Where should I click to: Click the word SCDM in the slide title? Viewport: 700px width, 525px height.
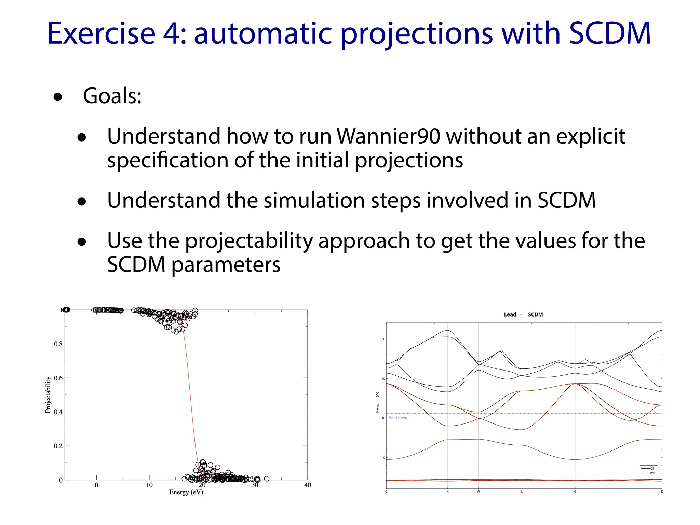click(x=610, y=33)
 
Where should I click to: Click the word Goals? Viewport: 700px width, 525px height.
click(x=112, y=96)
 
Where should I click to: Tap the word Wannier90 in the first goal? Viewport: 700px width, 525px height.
click(x=388, y=136)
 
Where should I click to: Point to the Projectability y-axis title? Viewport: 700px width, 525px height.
click(x=48, y=395)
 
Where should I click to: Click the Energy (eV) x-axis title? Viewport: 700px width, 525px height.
click(x=186, y=492)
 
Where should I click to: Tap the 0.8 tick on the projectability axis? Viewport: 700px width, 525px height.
click(x=58, y=344)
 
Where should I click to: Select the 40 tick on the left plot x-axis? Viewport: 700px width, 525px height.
click(x=307, y=485)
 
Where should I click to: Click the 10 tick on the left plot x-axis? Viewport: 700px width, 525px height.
click(x=149, y=485)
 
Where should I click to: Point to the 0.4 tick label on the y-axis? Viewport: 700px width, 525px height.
click(x=58, y=412)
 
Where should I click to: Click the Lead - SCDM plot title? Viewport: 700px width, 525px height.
click(x=523, y=314)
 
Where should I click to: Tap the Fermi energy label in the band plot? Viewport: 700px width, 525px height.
click(x=398, y=418)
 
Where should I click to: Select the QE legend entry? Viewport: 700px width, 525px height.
click(x=652, y=469)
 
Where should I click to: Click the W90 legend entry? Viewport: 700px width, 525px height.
click(x=653, y=473)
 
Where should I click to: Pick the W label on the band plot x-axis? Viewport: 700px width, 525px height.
click(x=478, y=492)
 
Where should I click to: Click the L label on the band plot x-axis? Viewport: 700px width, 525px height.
click(x=522, y=492)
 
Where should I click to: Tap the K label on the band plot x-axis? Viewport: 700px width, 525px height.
click(x=662, y=492)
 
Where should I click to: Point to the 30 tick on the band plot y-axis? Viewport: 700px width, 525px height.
click(x=383, y=339)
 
